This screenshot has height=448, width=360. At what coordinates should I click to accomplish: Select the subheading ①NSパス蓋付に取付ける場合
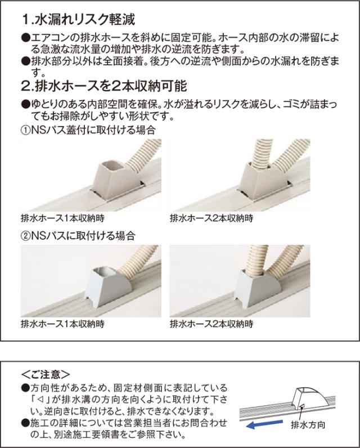click(x=87, y=130)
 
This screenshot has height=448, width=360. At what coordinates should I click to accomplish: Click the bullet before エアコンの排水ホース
click(x=24, y=37)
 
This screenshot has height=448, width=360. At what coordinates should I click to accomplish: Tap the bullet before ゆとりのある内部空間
click(x=24, y=105)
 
